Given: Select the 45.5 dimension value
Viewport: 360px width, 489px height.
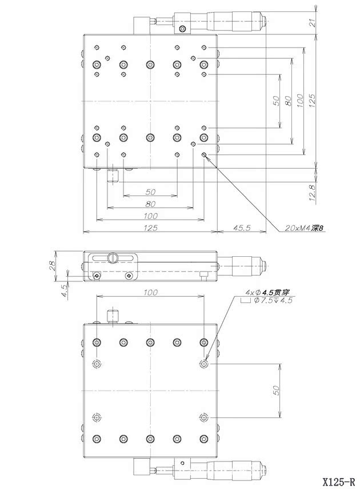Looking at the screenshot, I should coord(242,228).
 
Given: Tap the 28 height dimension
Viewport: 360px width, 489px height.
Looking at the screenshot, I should coord(51,265).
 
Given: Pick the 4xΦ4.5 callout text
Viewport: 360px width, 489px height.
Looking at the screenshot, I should coord(268,292).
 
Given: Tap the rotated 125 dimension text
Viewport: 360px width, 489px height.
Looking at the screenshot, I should coord(312,100).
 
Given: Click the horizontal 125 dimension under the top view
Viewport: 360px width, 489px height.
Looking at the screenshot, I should coord(150,228).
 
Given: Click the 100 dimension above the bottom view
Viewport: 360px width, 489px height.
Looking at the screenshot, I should coord(150,292).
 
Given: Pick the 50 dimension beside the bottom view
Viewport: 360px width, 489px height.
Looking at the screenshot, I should coord(276,391).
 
